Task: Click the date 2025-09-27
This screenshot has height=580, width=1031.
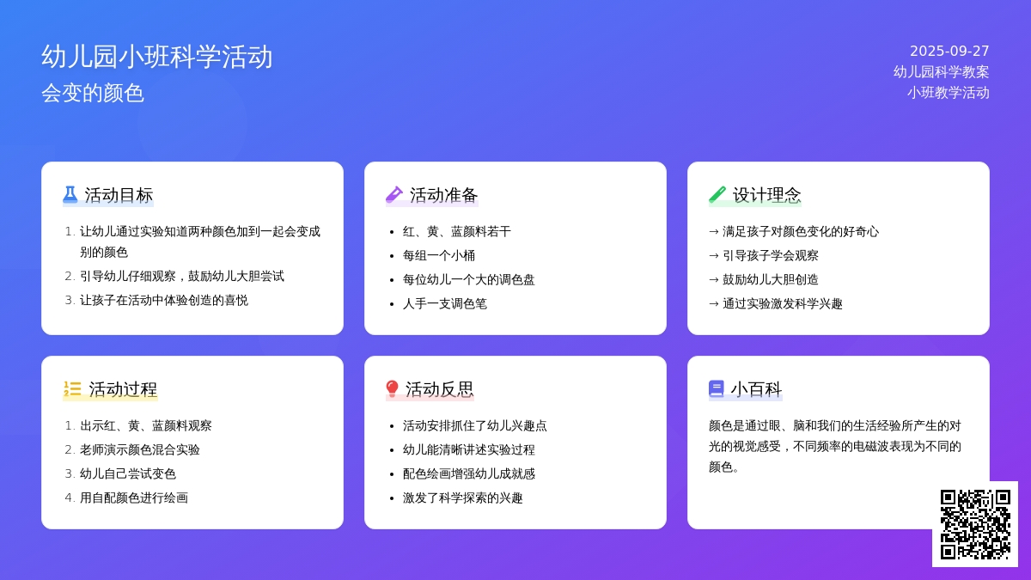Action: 949,51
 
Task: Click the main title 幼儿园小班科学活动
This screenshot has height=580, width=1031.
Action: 157,57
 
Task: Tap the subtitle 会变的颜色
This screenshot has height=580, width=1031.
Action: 93,93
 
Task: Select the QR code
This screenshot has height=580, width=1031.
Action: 975,524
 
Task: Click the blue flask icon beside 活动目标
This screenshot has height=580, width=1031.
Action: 70,195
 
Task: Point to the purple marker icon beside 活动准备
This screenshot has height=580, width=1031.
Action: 394,195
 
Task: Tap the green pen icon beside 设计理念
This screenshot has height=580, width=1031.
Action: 717,195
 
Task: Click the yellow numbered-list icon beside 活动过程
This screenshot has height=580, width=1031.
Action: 72,389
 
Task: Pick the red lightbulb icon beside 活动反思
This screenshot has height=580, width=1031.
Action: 392,389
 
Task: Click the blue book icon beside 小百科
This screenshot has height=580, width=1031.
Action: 717,389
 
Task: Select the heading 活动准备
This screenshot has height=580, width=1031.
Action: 443,195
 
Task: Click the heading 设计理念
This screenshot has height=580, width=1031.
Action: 766,195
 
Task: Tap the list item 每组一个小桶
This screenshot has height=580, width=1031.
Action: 439,255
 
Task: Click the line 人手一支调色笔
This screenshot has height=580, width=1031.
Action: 445,304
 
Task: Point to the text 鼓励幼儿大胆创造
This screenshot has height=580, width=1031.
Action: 771,280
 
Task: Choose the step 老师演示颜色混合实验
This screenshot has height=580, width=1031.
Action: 140,449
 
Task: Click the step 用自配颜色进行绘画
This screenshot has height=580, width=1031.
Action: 134,498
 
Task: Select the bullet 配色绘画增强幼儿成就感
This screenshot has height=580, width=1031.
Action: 469,474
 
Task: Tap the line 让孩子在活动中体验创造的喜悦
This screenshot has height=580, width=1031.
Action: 164,301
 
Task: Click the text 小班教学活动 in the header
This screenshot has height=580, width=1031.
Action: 949,93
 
